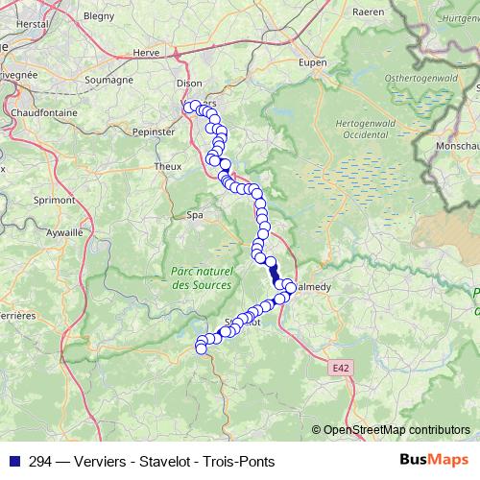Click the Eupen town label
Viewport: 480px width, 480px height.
286,61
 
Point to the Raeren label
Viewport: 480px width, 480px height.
368,12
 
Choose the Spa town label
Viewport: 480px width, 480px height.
195,215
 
